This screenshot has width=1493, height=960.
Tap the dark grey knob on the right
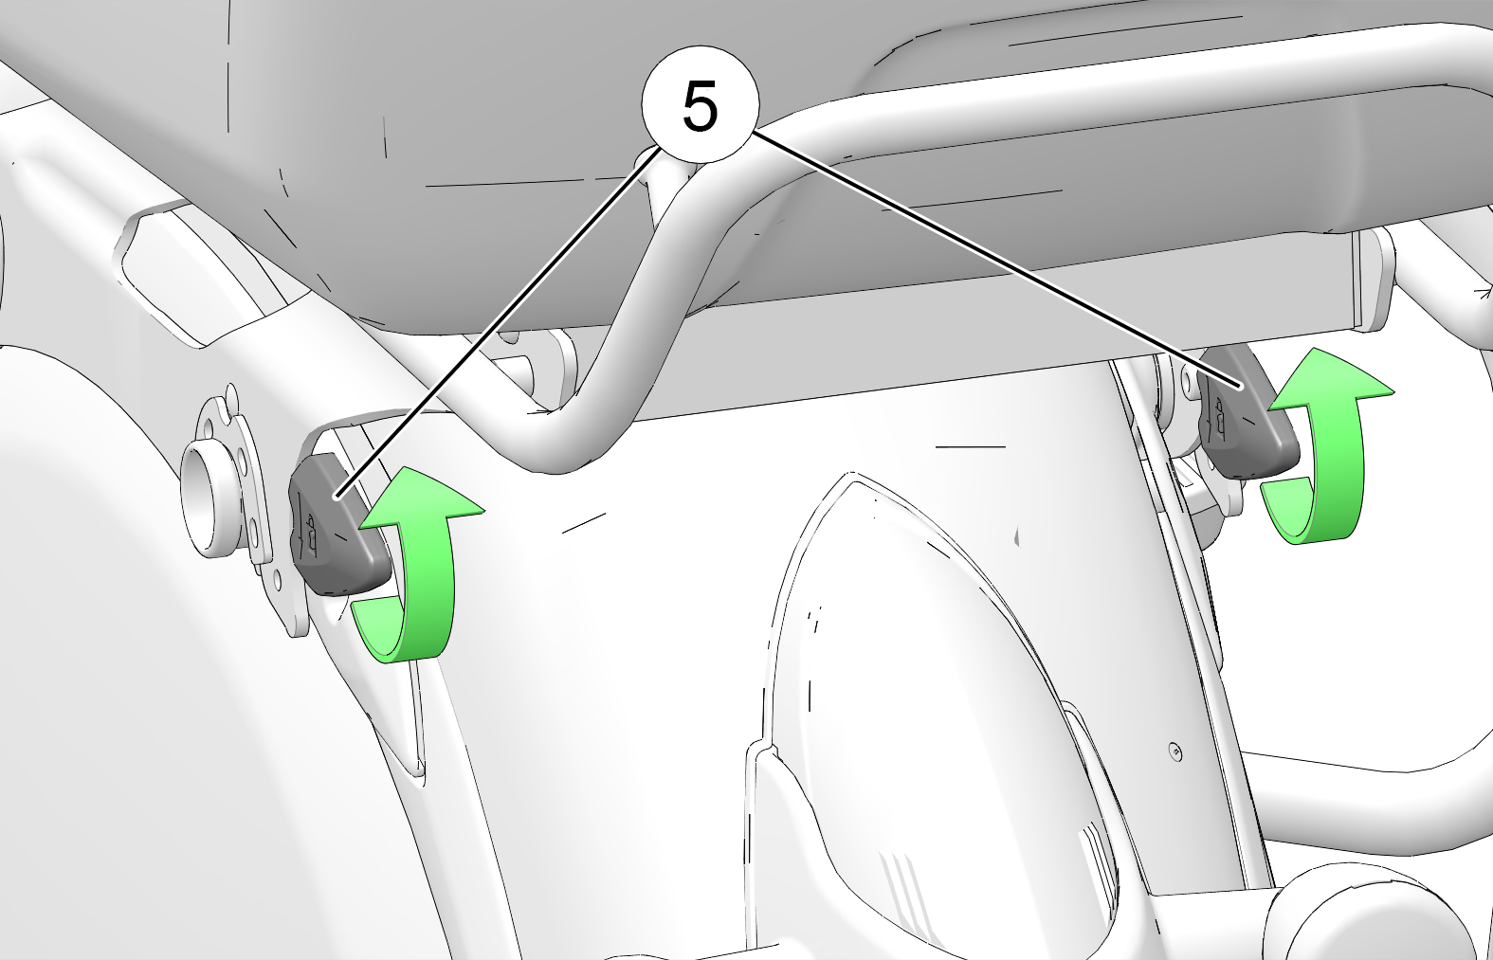[1247, 412]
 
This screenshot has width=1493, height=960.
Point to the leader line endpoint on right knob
[1242, 387]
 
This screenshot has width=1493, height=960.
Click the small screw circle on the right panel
[1175, 752]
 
